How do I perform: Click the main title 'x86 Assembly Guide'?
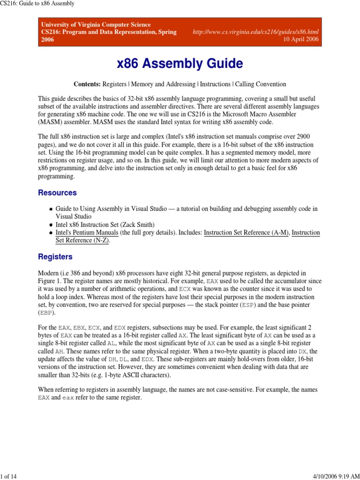[x=180, y=63]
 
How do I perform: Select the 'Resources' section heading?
[x=57, y=193]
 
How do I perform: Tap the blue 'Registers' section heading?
[x=55, y=257]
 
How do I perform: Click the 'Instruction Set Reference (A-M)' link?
[x=246, y=232]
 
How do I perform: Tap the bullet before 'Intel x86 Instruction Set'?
[x=50, y=225]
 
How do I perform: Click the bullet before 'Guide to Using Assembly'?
[x=50, y=209]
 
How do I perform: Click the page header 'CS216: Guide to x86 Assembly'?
[x=37, y=4]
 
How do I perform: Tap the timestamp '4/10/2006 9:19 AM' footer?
[x=334, y=476]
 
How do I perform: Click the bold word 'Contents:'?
[x=87, y=84]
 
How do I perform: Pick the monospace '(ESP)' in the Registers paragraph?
[x=248, y=305]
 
